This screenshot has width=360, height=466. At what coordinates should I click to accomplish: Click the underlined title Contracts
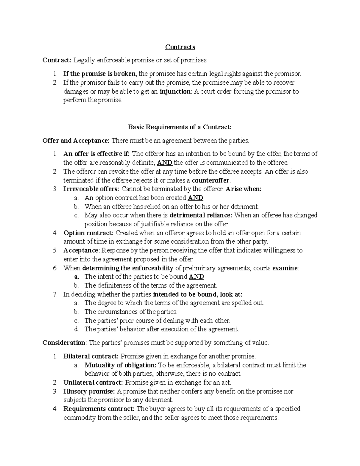tap(180, 47)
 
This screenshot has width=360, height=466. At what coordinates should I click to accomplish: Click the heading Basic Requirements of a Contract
tap(180, 127)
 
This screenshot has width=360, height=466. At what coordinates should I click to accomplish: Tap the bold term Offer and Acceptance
tap(76, 140)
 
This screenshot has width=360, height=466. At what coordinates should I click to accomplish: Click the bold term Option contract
tap(88, 233)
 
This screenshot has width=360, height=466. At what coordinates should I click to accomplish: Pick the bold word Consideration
tap(64, 343)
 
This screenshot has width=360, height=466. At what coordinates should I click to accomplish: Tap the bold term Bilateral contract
tap(91, 356)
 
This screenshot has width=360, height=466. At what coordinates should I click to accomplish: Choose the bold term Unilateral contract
tap(93, 383)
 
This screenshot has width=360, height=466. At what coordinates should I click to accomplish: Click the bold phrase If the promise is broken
tap(99, 74)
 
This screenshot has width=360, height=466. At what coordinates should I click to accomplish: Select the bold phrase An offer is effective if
tap(96, 154)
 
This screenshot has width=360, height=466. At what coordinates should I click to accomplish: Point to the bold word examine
tap(285, 268)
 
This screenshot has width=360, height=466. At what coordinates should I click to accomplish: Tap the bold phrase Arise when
tap(243, 189)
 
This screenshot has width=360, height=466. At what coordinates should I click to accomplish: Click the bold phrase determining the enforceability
tap(128, 268)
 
